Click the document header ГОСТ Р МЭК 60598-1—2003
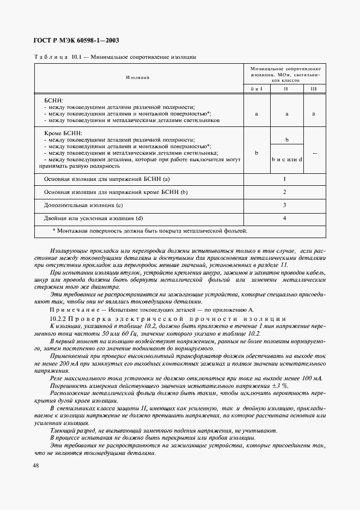76,41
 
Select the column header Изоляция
138,78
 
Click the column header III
313,88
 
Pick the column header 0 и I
256,88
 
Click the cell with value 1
284,179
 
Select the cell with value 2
284,192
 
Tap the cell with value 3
284,205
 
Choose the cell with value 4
284,218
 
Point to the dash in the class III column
314,153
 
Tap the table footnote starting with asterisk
149,231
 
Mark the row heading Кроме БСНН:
63,132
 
